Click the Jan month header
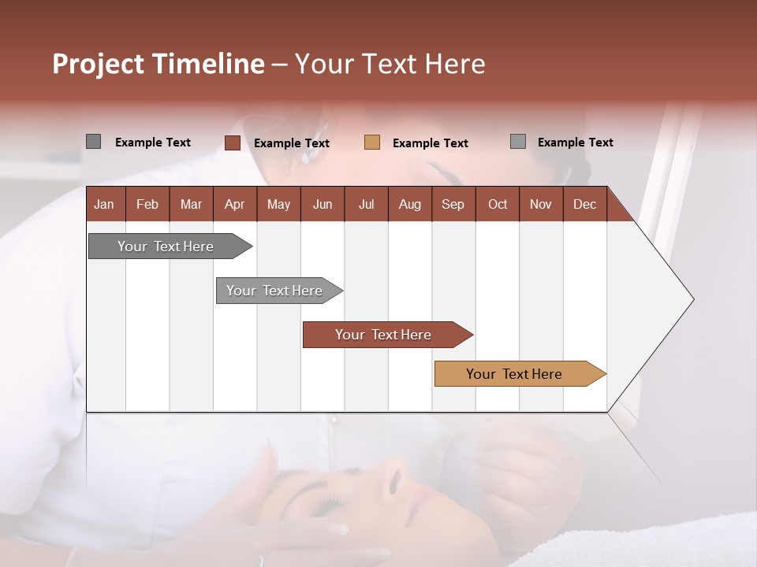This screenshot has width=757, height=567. click(104, 204)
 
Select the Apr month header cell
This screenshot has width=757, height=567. click(234, 204)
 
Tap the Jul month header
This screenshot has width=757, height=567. click(366, 204)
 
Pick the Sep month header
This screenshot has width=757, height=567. click(453, 204)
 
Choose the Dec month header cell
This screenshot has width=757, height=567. click(584, 204)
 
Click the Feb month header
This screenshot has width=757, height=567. click(147, 204)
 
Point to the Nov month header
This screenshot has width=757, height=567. click(540, 204)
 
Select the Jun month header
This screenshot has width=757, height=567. click(322, 204)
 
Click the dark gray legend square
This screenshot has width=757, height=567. click(93, 142)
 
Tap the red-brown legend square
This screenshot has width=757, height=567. click(232, 143)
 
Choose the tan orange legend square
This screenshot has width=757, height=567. click(372, 143)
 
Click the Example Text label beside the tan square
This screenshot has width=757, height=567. click(430, 143)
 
